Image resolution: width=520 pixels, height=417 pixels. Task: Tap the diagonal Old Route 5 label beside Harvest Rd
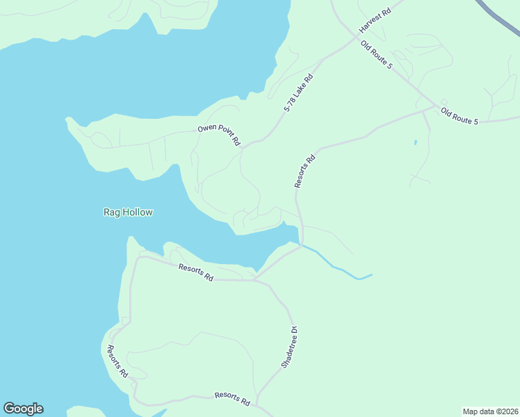coord(377,55)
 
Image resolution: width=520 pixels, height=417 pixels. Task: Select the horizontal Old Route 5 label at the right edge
coord(460,116)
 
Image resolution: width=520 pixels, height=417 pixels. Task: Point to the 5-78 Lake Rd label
coord(299,94)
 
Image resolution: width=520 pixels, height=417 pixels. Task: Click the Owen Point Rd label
coord(219,134)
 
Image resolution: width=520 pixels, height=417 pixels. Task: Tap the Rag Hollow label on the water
coord(128,212)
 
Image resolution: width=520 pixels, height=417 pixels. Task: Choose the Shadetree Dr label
coord(289,347)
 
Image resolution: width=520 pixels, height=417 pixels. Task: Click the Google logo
coord(23,409)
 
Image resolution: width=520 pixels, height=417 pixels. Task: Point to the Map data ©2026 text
coord(490,411)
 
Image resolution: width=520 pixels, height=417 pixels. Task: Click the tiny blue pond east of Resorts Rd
coord(415,142)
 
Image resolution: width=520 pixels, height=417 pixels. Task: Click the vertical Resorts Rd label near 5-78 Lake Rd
coord(305,171)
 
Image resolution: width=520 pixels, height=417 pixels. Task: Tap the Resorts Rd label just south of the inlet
coord(195,272)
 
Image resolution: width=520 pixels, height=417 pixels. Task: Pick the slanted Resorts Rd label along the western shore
coord(117,361)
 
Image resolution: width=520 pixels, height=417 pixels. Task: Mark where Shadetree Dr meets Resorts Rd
coord(254,280)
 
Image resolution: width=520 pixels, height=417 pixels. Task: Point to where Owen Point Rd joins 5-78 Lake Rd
coord(245,146)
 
